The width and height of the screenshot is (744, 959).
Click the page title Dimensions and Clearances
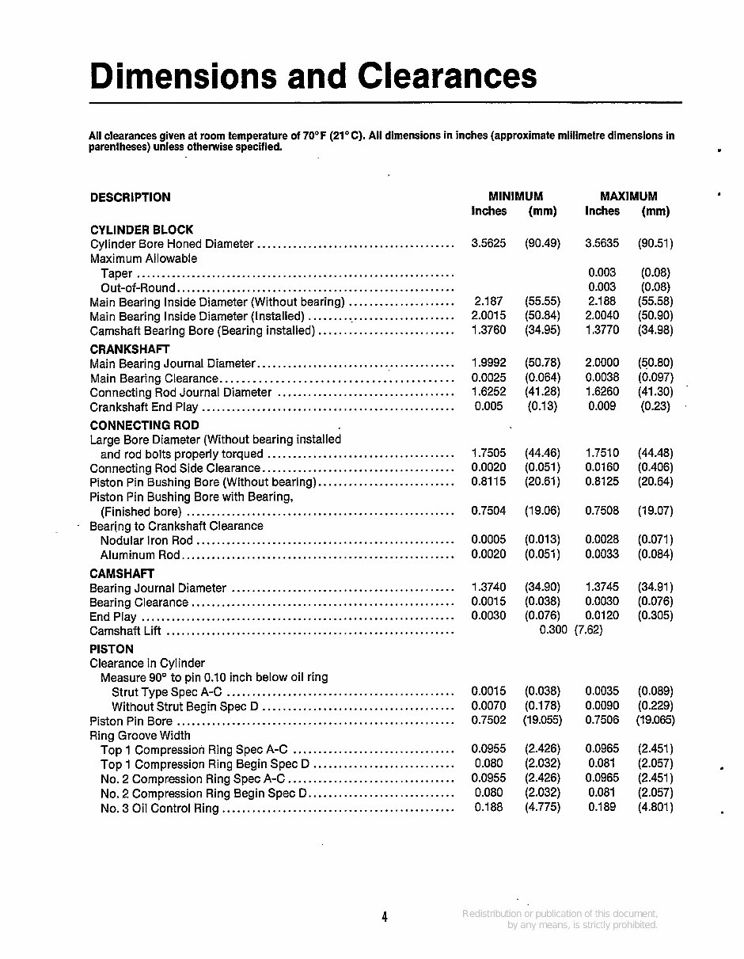[313, 77]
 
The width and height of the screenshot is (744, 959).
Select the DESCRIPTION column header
[130, 197]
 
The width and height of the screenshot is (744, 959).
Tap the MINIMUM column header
[515, 196]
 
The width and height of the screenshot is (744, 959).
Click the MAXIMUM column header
[628, 196]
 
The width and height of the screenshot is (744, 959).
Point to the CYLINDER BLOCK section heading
[142, 230]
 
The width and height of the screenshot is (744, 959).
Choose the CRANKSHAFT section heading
[130, 348]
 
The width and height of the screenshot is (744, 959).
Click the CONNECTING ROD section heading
[145, 424]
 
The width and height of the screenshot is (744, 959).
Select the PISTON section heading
[112, 649]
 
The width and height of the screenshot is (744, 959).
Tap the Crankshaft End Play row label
[144, 407]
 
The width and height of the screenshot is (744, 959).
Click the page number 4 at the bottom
[384, 918]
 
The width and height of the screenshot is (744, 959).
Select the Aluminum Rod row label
[140, 555]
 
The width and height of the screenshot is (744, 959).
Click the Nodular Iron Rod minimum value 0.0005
[488, 540]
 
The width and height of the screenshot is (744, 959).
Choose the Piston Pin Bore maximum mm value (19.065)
[655, 721]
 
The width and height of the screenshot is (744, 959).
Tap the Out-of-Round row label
[138, 287]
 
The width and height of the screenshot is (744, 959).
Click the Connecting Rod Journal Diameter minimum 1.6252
[488, 392]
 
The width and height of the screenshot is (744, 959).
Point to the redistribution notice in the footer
[560, 919]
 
